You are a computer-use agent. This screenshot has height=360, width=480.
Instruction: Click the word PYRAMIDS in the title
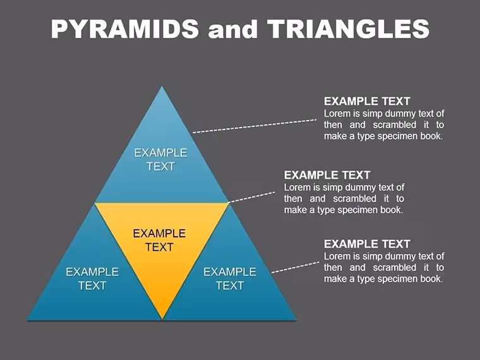[125, 29]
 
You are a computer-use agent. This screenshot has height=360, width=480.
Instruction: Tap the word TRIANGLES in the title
[349, 29]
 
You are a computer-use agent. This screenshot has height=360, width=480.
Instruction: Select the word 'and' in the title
[232, 30]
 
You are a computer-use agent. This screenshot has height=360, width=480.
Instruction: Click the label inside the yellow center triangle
[160, 240]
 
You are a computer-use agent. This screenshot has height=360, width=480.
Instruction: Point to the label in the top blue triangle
[160, 160]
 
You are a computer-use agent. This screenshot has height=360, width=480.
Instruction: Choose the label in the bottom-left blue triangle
[92, 279]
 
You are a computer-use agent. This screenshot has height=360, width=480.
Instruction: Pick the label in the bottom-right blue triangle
[230, 279]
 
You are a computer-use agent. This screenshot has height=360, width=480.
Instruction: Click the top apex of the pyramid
[162, 87]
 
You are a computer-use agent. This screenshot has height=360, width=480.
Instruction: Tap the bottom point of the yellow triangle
[162, 319]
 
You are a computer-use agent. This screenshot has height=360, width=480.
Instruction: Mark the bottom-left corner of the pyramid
[28, 320]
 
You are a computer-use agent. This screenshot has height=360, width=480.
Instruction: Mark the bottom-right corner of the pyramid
[296, 320]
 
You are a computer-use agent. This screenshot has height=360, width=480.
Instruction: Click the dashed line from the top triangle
[255, 126]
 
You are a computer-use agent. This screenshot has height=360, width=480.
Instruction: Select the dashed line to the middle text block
[251, 197]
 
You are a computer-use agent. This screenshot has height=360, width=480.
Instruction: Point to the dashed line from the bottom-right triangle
[295, 267]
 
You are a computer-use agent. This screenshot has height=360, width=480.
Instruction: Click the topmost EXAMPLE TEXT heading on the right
[367, 101]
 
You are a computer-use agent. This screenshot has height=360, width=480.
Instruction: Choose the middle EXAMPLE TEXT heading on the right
[327, 175]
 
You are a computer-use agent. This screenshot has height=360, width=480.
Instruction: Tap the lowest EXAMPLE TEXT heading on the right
[367, 244]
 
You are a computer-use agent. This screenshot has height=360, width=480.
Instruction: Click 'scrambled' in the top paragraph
[395, 125]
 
